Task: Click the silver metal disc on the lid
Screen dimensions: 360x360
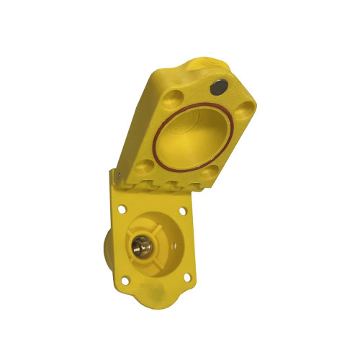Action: coord(217,89)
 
